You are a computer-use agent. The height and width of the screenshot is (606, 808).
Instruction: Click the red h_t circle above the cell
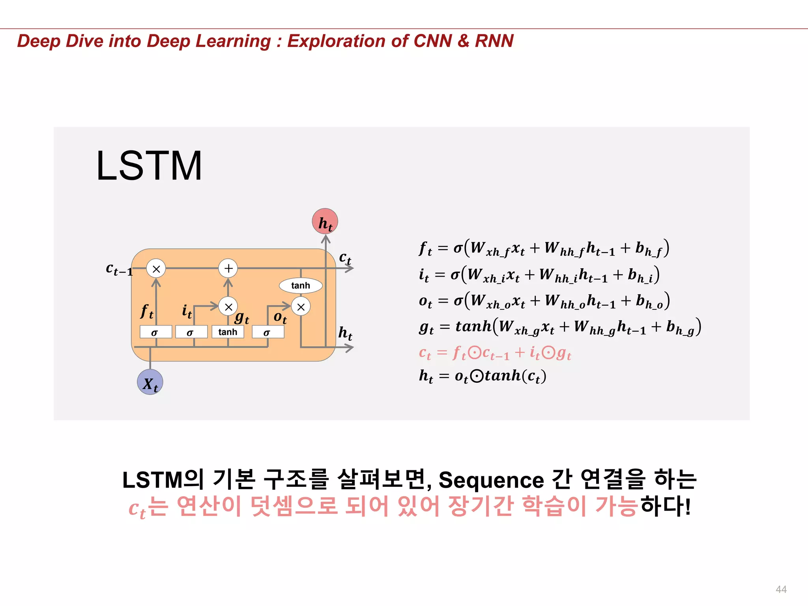click(x=325, y=221)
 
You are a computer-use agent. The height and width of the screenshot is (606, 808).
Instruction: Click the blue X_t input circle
click(x=150, y=382)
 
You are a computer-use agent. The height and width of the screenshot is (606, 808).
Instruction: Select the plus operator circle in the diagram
click(x=228, y=268)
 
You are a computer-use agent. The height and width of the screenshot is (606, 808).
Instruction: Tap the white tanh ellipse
click(x=301, y=286)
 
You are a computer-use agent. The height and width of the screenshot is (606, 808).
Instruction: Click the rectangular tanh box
click(x=228, y=332)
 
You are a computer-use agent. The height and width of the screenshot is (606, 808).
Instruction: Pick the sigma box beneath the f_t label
click(x=155, y=332)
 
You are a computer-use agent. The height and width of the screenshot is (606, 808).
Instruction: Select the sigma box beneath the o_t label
click(x=268, y=332)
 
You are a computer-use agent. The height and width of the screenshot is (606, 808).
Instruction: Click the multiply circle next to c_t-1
click(x=156, y=269)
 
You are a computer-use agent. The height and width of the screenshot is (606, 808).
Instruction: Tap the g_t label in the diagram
click(x=242, y=317)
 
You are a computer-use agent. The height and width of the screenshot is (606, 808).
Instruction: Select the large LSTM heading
click(x=149, y=166)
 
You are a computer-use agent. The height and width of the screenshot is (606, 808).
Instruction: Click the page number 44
click(x=781, y=589)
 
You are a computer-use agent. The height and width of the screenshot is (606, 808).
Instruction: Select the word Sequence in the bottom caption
click(x=491, y=480)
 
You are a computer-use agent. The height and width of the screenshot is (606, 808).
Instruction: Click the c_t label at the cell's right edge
click(x=345, y=258)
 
